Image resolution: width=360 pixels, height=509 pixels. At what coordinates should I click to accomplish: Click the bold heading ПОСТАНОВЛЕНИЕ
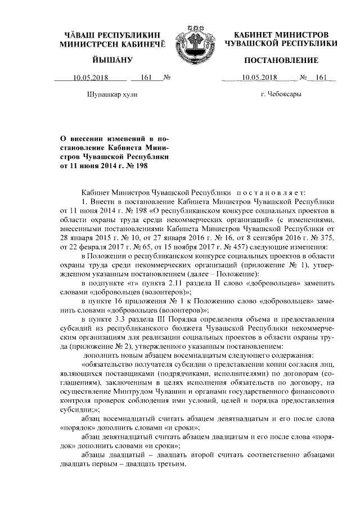click(281, 60)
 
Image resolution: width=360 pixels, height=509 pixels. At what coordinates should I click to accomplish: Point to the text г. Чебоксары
click(281, 95)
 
